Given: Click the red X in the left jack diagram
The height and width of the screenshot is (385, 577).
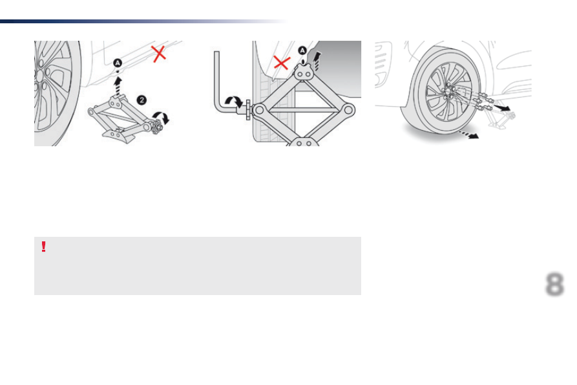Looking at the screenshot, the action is [x=158, y=54].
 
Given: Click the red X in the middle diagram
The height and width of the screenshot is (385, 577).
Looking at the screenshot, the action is [x=282, y=63].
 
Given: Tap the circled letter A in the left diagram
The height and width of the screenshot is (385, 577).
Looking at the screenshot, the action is [x=118, y=63].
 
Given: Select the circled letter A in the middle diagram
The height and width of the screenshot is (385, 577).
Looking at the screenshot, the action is [x=302, y=50].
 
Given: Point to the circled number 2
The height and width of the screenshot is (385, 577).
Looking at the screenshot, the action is [x=142, y=100].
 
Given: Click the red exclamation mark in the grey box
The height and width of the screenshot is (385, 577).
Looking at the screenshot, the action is [x=43, y=247].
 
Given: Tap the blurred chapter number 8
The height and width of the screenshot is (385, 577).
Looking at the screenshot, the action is [x=554, y=284].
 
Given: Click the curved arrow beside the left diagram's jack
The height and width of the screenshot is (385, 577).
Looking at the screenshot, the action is [x=162, y=116].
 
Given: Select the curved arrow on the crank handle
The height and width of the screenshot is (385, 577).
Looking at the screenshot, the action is [x=234, y=101].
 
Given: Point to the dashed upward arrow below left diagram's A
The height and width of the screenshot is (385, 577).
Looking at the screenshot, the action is [x=118, y=85].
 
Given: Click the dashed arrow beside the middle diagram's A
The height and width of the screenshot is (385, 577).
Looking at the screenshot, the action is [x=316, y=61].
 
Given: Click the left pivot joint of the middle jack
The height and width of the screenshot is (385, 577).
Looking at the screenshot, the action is [x=259, y=110].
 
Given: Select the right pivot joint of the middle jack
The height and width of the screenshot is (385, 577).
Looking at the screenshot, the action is [x=348, y=110].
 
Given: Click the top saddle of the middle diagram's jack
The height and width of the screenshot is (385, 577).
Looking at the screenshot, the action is [x=304, y=72].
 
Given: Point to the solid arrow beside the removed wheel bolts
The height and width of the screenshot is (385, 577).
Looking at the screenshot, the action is [x=502, y=107].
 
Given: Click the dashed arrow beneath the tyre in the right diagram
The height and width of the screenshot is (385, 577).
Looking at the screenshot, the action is [x=468, y=135].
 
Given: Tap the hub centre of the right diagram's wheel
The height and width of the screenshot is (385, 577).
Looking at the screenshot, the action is [x=448, y=91].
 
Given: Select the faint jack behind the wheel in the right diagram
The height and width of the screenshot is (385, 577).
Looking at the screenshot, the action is [x=501, y=118].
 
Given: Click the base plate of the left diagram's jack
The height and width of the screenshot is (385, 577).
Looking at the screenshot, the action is [x=119, y=136].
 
